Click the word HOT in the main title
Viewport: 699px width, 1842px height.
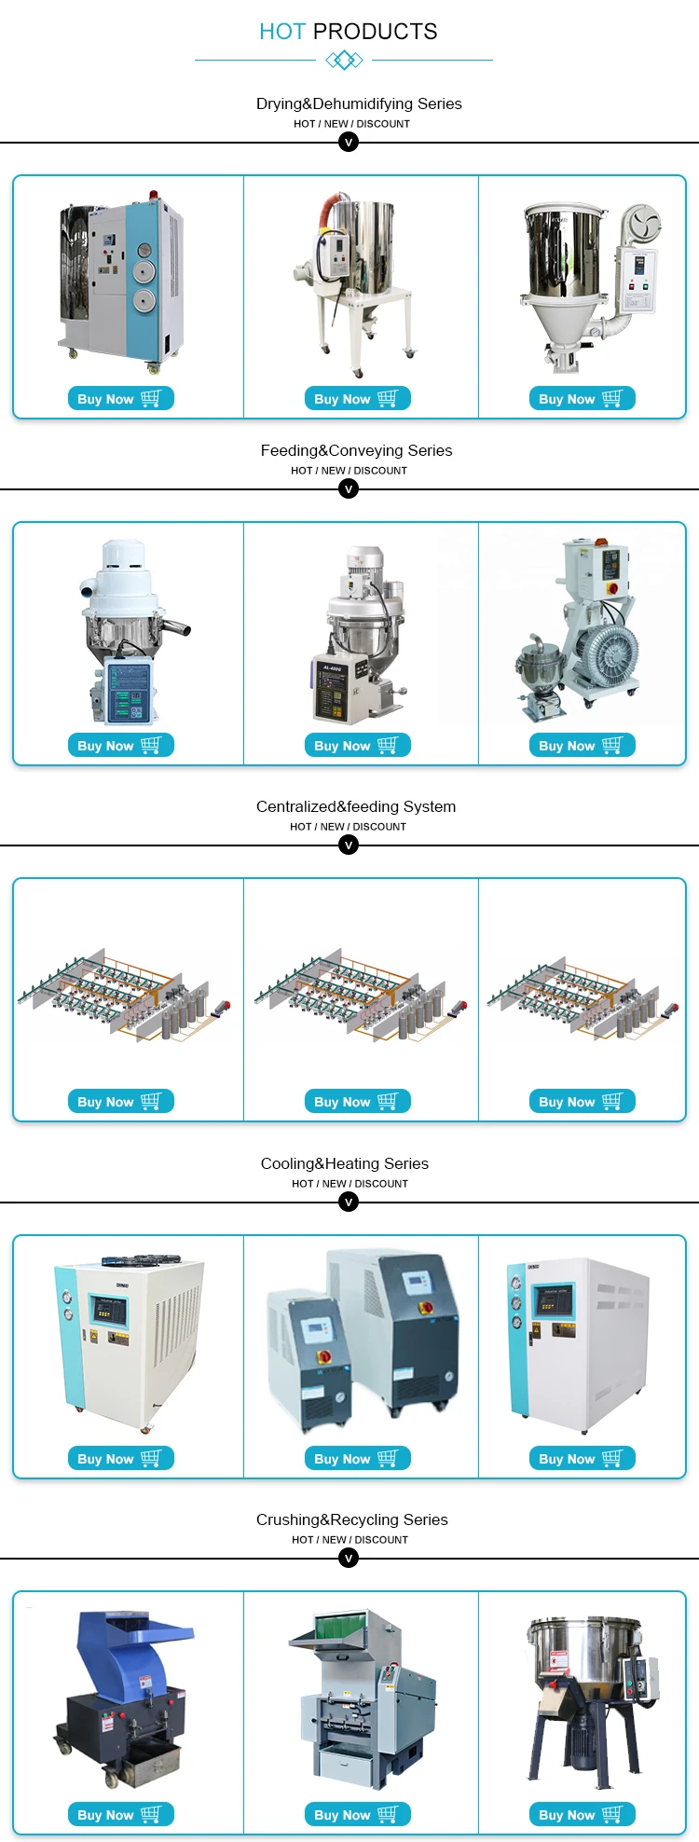[x=281, y=32]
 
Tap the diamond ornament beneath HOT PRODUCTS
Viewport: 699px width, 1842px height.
[x=344, y=61]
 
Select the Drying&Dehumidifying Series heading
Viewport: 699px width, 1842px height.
[x=359, y=103]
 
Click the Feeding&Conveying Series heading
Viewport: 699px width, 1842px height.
[x=356, y=450]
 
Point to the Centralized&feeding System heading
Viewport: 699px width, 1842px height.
[x=356, y=806]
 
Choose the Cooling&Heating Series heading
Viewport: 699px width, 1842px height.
[x=345, y=1163]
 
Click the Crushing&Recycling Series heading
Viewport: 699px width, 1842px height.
[x=352, y=1519]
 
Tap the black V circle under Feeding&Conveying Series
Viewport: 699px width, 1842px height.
[x=349, y=488]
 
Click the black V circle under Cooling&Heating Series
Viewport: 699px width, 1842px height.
[x=349, y=1202]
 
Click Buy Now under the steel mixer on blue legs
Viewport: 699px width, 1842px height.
[x=582, y=1814]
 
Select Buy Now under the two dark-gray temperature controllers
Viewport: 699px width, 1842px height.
[x=357, y=1458]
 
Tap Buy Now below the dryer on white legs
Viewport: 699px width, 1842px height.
[x=357, y=398]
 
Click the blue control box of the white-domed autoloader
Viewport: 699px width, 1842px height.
[x=128, y=691]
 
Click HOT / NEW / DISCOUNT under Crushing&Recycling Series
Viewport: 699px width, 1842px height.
[x=349, y=1540]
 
